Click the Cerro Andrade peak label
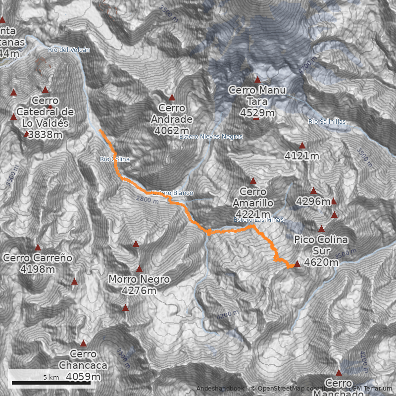[x=172, y=119]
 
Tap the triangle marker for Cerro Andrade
[x=172, y=98]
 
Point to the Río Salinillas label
[x=326, y=121]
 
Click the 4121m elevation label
[x=302, y=156]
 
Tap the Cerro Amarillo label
[x=253, y=202]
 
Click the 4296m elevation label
[x=313, y=201]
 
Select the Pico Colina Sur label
[x=321, y=250]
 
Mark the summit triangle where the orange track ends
[x=297, y=264]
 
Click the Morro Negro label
[x=139, y=285]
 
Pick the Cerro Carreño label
[x=38, y=263]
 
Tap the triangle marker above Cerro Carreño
[x=38, y=247]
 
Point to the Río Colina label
[x=114, y=159]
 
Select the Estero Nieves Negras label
[x=211, y=136]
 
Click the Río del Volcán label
[x=69, y=49]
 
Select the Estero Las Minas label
[x=258, y=220]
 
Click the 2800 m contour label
[x=147, y=199]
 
